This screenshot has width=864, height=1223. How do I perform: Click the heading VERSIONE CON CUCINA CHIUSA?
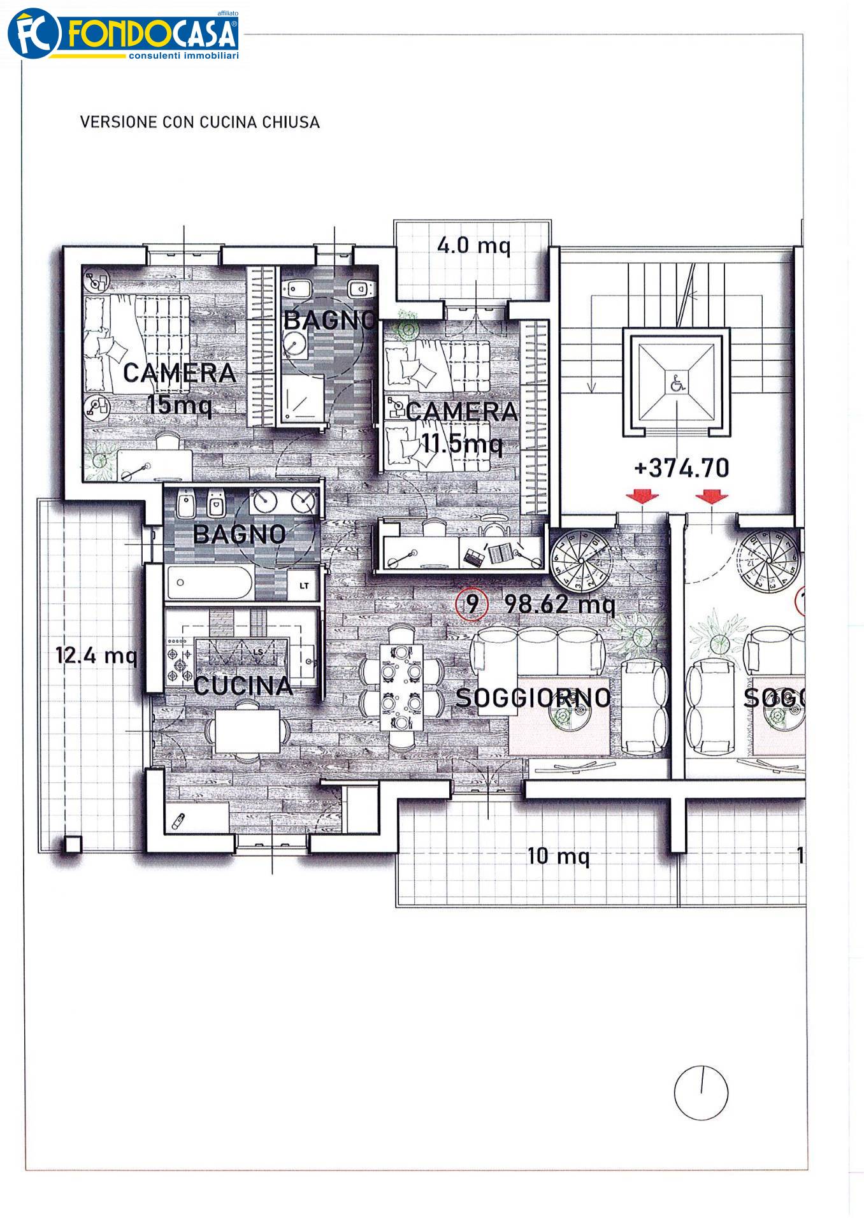tap(199, 122)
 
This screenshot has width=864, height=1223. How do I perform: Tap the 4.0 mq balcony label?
tap(474, 245)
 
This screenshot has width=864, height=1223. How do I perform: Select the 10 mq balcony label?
tap(559, 855)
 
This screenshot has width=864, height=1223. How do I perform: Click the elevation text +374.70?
tap(682, 468)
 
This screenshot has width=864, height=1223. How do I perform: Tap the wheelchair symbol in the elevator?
tap(677, 383)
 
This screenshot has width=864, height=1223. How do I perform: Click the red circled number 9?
tap(472, 603)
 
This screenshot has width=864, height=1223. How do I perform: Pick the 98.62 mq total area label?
tap(559, 604)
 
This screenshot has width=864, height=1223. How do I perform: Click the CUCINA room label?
tap(243, 686)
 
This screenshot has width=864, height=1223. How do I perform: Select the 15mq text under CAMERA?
tap(179, 404)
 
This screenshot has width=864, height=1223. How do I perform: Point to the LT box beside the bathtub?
tap(304, 585)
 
